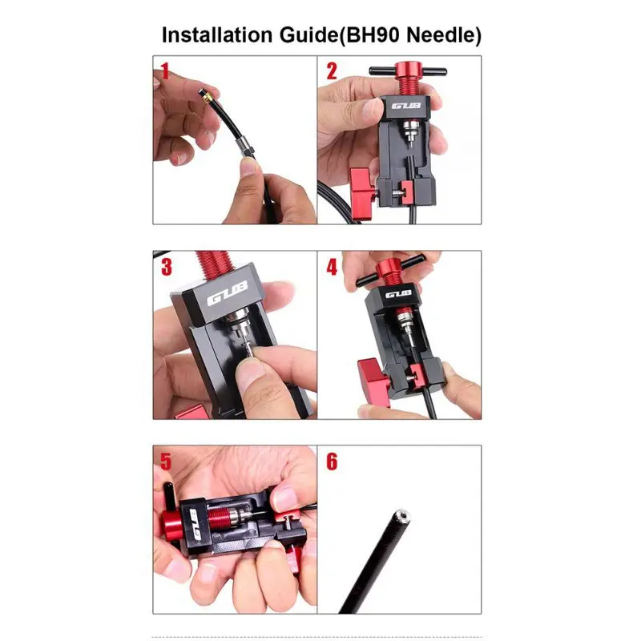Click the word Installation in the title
(216, 34)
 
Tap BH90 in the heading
(373, 34)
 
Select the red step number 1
(165, 71)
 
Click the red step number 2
(332, 71)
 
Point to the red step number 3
(167, 267)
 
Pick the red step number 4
(332, 267)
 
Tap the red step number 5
(166, 462)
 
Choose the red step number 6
(332, 462)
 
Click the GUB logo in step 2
(406, 106)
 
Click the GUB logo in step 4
(397, 294)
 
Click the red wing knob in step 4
(373, 382)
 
